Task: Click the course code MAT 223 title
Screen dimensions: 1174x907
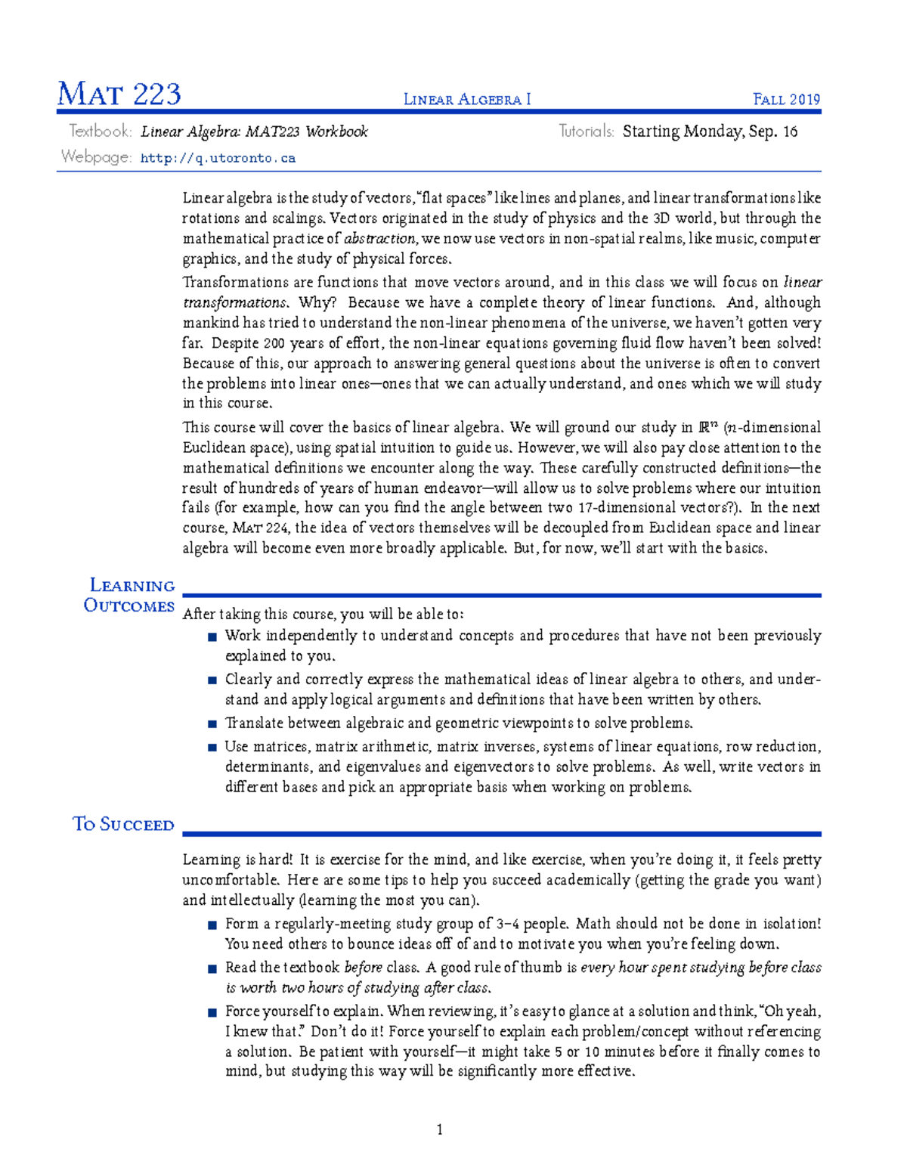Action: [x=119, y=94]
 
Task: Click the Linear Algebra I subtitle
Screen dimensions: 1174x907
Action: [x=466, y=99]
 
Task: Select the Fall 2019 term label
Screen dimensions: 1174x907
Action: [x=786, y=99]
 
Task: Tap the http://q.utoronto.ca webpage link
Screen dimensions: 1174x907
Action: [x=218, y=159]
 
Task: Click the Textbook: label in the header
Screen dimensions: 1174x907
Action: [x=100, y=131]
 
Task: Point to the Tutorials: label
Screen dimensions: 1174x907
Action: [x=586, y=132]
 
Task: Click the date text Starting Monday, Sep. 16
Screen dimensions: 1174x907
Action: [x=710, y=132]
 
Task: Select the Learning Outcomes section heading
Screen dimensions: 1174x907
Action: [x=130, y=596]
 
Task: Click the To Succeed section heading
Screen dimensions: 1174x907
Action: [x=123, y=824]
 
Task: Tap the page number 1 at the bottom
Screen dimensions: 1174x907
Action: [x=440, y=1129]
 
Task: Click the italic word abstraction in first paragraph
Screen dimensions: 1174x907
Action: [x=379, y=239]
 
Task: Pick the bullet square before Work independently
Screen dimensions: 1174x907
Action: [x=212, y=637]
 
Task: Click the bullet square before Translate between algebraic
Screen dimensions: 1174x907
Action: [x=212, y=724]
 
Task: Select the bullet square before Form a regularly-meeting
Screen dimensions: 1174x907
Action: [x=212, y=925]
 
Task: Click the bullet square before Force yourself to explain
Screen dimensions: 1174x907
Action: [x=212, y=1012]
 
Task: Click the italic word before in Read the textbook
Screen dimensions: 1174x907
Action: [x=363, y=968]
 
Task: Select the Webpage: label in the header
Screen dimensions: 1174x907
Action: [x=96, y=157]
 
